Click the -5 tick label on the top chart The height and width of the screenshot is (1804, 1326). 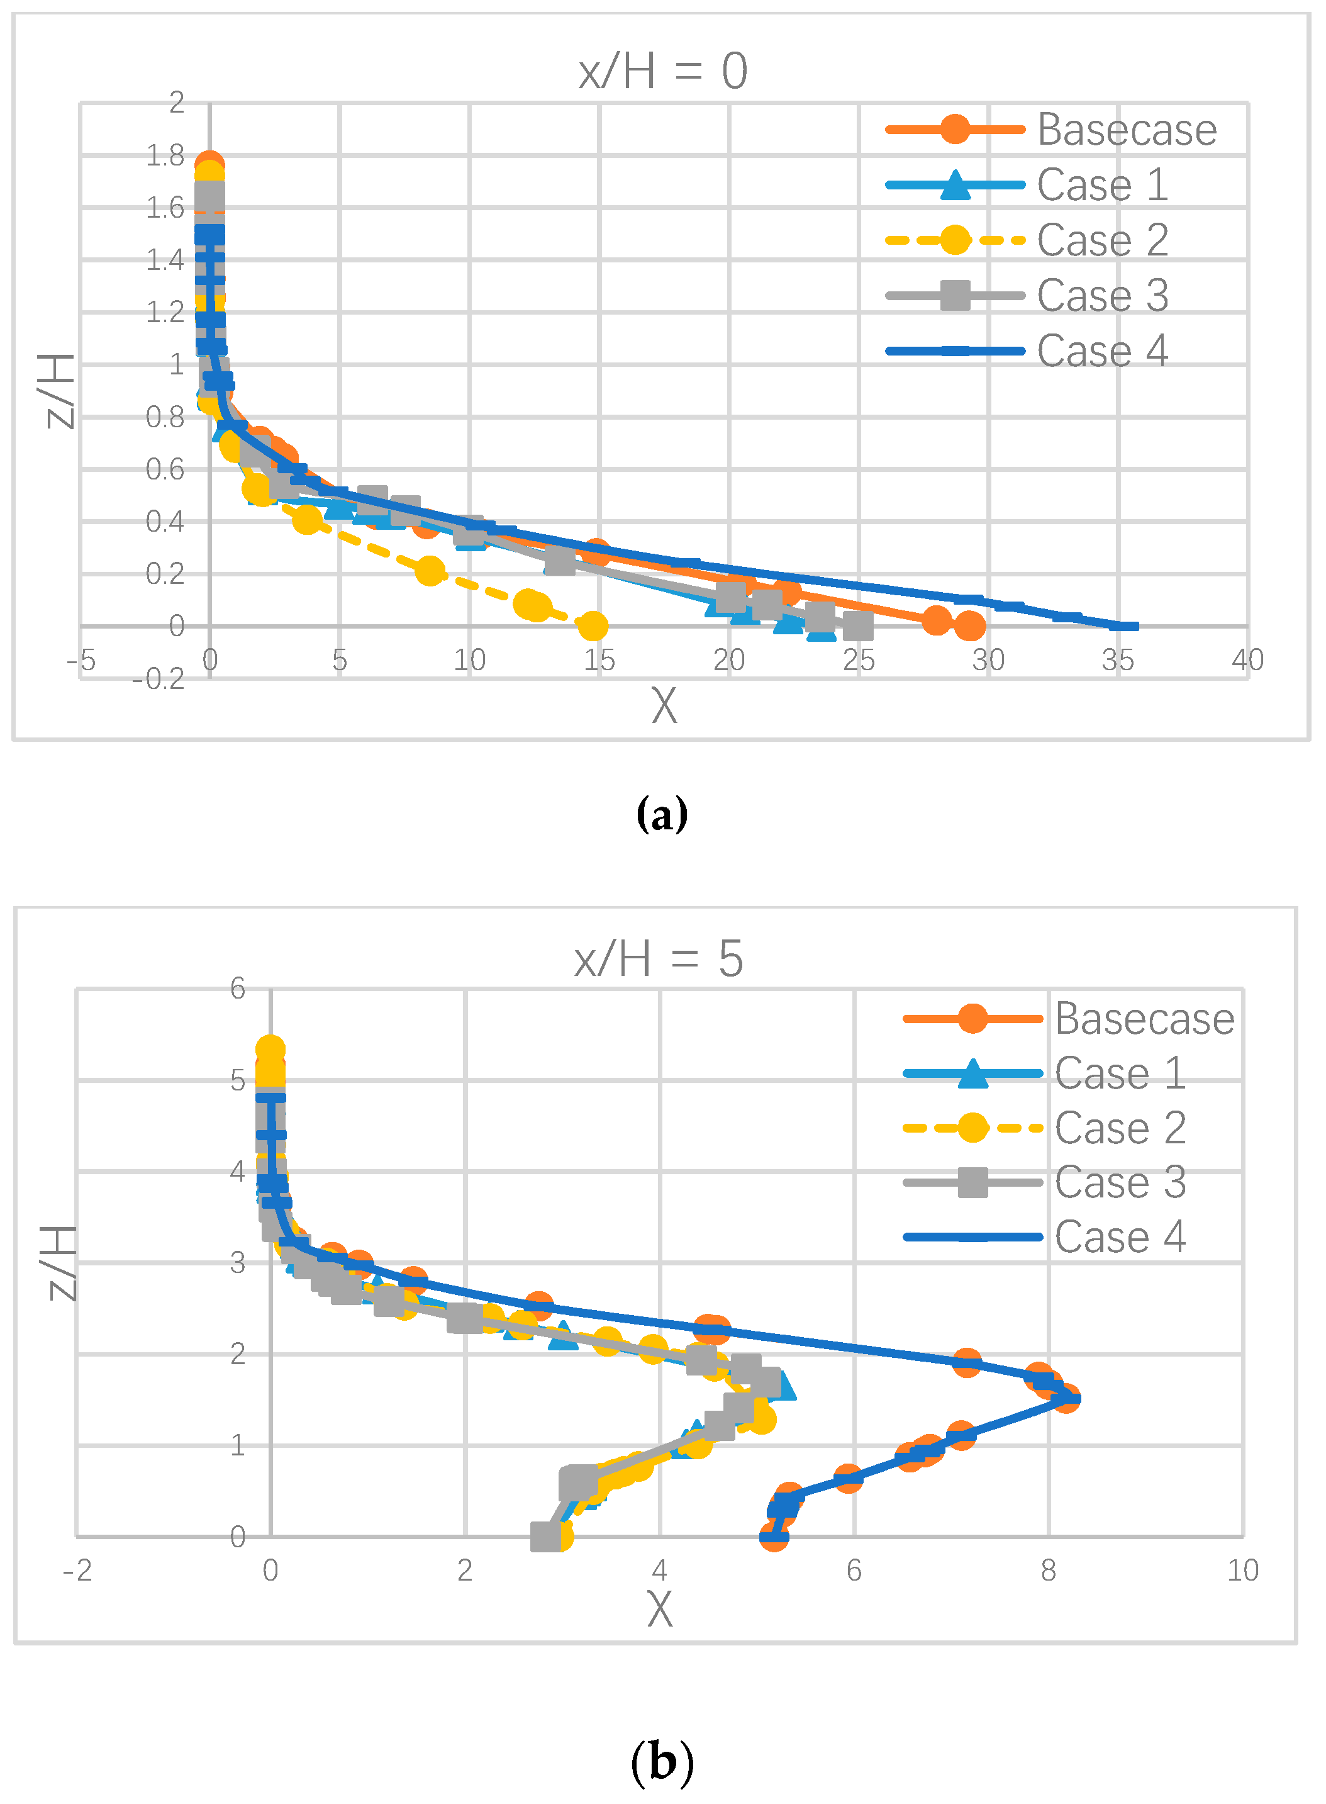[x=81, y=660]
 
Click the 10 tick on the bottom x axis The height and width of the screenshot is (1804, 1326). [x=1242, y=1571]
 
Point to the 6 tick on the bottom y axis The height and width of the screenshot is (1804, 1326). [x=238, y=989]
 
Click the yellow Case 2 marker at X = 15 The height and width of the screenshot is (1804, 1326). [x=593, y=625]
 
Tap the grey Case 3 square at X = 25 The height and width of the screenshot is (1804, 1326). [x=857, y=625]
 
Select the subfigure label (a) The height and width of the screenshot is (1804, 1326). [x=662, y=814]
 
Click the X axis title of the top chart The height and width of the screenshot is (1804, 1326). [x=664, y=706]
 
